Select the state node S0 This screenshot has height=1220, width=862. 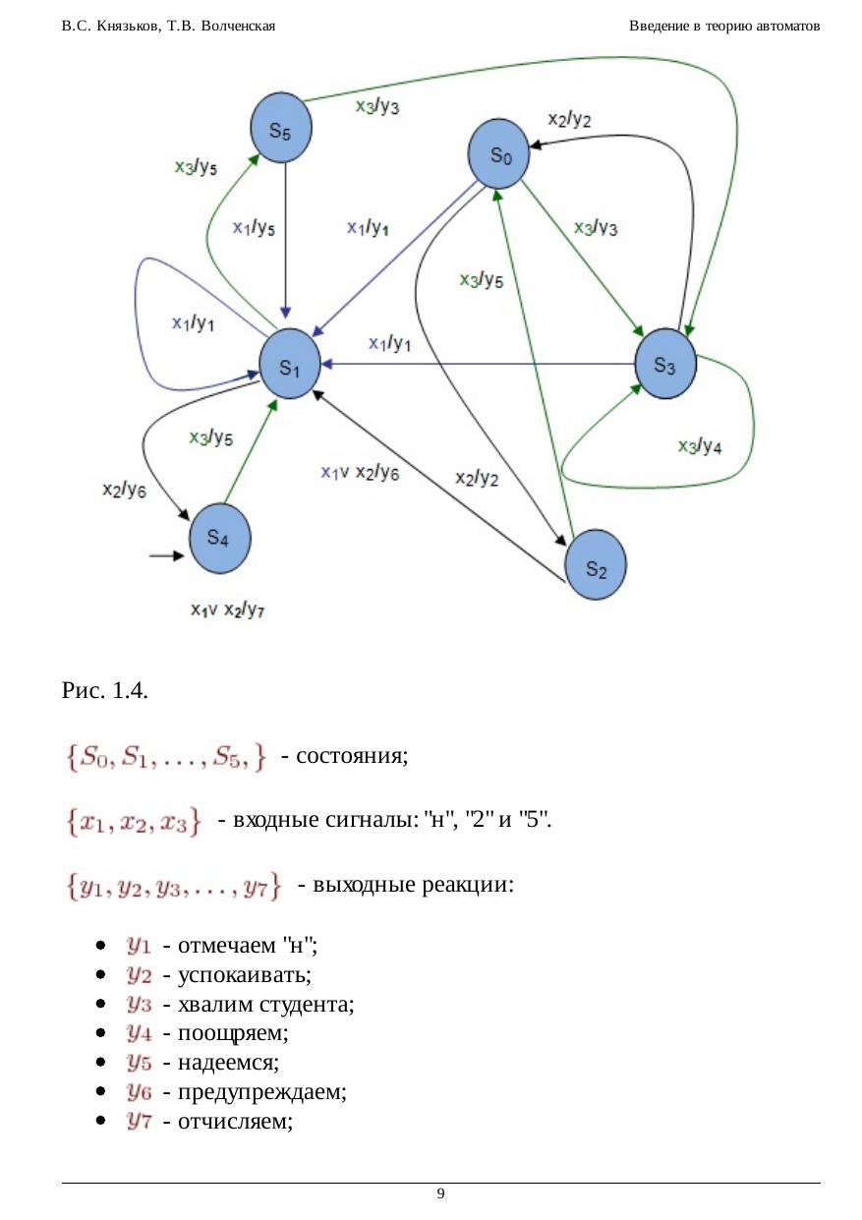(500, 152)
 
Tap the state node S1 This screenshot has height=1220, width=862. (290, 366)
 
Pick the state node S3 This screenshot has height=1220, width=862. (664, 364)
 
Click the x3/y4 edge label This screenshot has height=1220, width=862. (700, 446)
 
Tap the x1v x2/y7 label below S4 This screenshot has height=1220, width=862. (228, 610)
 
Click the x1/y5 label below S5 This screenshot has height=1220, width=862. (254, 228)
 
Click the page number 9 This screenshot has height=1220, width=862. (440, 1193)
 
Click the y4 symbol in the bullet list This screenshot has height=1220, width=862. (138, 1033)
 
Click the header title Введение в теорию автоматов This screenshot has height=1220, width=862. (724, 26)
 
